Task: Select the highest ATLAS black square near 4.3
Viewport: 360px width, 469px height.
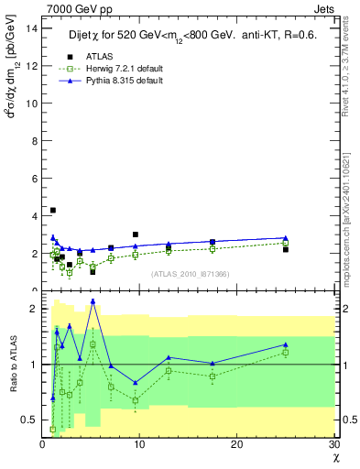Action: point(53,210)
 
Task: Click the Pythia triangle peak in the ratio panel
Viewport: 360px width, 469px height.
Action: point(93,300)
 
